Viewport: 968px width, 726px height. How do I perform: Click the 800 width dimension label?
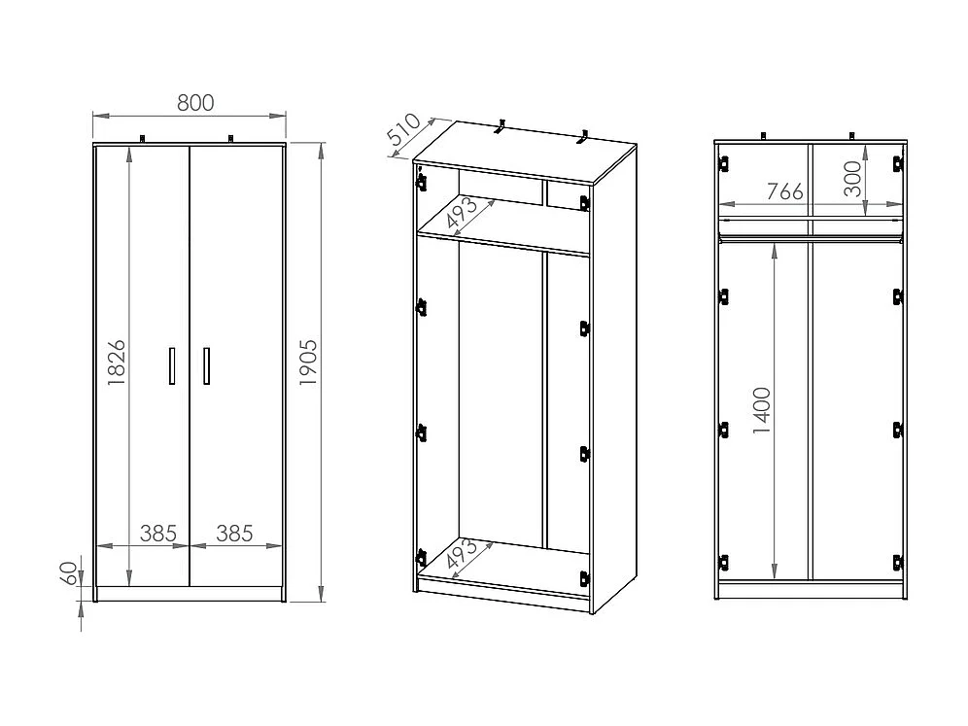coord(196,102)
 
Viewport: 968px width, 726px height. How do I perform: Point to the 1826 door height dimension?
coord(116,363)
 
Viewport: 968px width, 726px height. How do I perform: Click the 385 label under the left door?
coord(157,533)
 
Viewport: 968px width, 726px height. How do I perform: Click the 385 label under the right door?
coord(234,533)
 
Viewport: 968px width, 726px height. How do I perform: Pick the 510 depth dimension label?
coord(404,134)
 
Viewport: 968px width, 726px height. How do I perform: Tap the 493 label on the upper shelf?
coord(463,214)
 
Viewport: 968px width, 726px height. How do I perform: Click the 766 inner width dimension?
coord(785,191)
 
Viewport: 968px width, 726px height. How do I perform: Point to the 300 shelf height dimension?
coord(853,180)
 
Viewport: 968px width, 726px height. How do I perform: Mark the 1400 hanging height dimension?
coord(761,410)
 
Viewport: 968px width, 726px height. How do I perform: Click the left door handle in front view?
coord(172,365)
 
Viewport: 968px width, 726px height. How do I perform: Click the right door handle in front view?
coord(206,365)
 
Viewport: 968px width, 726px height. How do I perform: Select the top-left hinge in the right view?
coord(724,164)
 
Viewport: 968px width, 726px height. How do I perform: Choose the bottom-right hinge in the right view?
coord(896,561)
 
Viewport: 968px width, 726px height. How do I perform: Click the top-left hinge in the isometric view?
coord(422,181)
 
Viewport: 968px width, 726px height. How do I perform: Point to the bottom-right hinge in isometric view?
coord(585,577)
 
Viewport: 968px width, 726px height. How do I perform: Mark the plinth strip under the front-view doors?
coord(190,593)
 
